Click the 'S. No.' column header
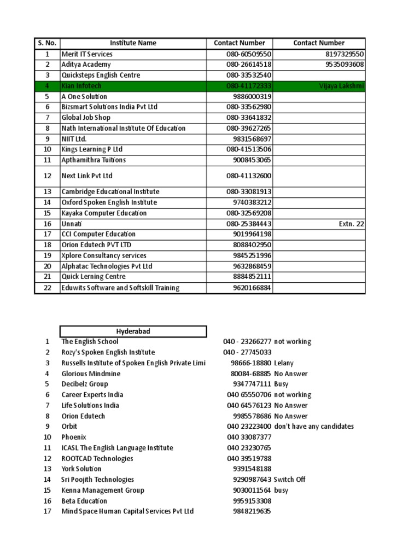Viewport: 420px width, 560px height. (x=47, y=43)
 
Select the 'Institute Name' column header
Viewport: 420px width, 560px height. (x=133, y=43)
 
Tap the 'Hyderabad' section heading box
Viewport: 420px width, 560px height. (x=133, y=331)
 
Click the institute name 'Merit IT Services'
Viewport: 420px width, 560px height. (x=87, y=54)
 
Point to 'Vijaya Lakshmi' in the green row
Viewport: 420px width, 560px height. (x=342, y=86)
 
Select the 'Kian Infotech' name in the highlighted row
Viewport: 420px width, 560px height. (x=81, y=86)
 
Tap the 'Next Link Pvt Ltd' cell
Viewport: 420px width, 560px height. (x=87, y=176)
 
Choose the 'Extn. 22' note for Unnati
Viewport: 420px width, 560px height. (x=352, y=224)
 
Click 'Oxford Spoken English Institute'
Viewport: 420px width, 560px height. (x=109, y=202)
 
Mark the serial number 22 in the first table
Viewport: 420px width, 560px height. (x=47, y=288)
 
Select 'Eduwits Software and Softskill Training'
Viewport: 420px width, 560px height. (x=120, y=288)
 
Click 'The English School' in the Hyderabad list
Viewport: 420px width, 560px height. (x=89, y=342)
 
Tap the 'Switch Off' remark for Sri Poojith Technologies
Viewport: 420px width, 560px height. (x=290, y=480)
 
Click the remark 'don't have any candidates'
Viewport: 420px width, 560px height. (x=314, y=427)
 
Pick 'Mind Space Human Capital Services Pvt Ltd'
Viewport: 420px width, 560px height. (x=127, y=511)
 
